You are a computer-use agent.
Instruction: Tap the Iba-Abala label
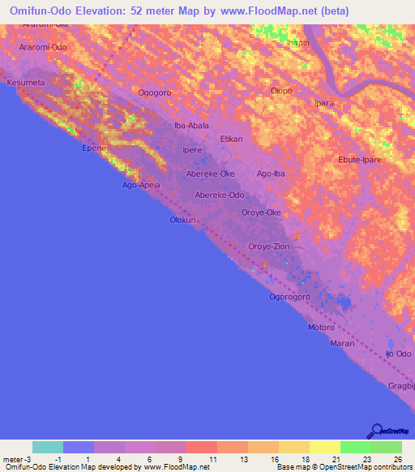(192, 126)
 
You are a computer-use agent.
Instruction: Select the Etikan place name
(232, 139)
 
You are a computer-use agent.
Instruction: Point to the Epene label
(93, 149)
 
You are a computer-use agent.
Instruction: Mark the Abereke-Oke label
(211, 174)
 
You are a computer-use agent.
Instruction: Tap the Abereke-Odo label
(220, 195)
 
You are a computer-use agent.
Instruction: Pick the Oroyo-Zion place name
(269, 246)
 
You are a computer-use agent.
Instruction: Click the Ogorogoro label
(290, 297)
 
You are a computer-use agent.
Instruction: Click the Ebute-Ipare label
(360, 160)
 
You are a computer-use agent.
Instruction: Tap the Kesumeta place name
(25, 83)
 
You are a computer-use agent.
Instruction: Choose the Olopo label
(281, 91)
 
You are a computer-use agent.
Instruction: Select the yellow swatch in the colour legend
(324, 447)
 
